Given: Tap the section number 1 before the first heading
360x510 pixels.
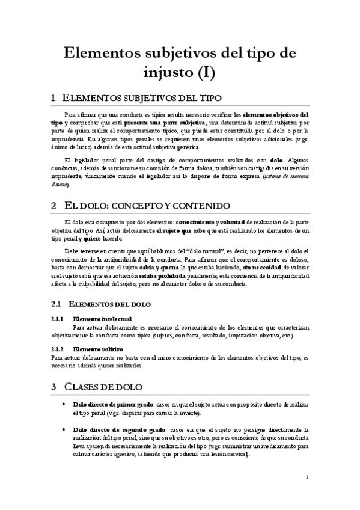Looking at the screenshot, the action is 54,98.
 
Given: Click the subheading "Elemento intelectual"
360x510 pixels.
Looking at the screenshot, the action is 102,319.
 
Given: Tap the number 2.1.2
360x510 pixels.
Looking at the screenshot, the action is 57,349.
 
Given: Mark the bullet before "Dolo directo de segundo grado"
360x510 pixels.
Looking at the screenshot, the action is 64,430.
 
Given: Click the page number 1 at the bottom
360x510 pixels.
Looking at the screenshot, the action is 307,478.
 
